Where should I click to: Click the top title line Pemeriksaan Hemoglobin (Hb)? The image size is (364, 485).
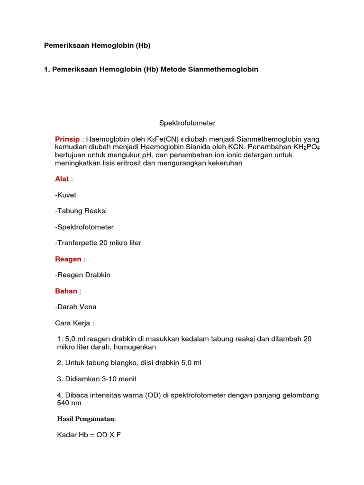tap(97, 45)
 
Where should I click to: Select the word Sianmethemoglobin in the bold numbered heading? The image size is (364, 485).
tap(223, 69)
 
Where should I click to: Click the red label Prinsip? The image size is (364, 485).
tap(68, 139)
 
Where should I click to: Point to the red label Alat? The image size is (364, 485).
tap(62, 179)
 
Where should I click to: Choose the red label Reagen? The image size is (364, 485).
tap(68, 259)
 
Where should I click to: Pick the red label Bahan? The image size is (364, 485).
tap(66, 291)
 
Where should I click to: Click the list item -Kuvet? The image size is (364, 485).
tap(65, 195)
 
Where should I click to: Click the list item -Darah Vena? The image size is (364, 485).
tap(76, 307)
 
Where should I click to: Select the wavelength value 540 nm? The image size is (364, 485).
tap(69, 403)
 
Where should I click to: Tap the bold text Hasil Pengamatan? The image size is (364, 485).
tap(86, 419)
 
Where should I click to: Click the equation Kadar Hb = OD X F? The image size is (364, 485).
tap(89, 434)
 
